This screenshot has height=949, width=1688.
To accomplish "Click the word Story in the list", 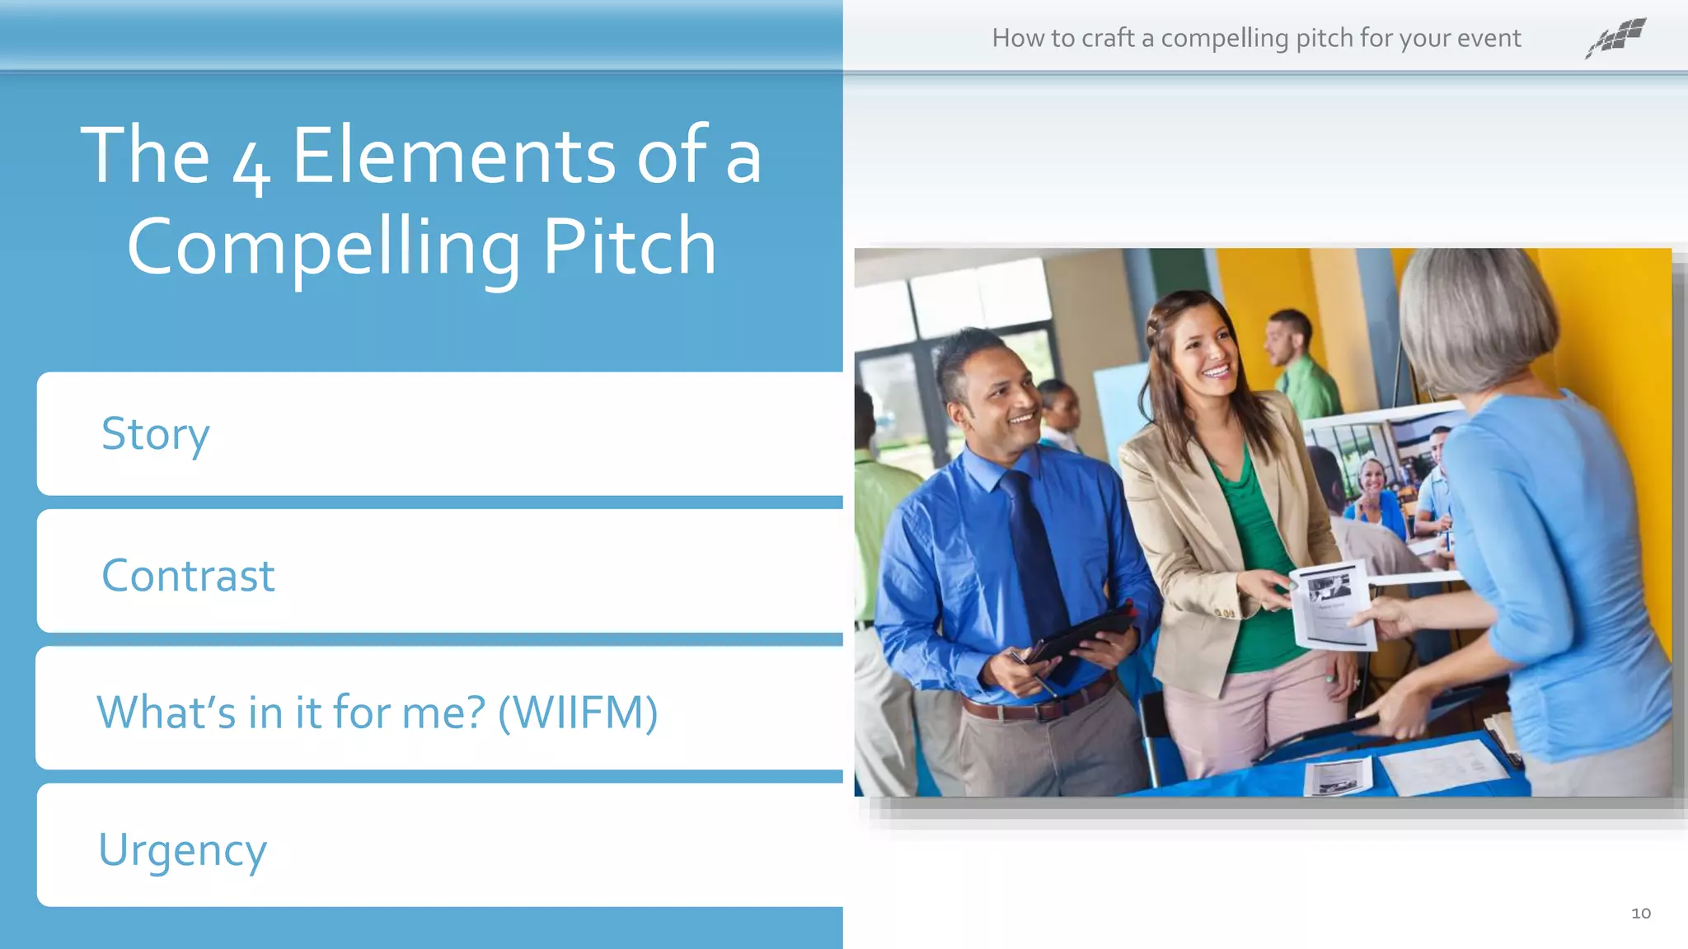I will [155, 433].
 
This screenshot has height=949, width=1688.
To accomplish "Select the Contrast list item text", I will [188, 575].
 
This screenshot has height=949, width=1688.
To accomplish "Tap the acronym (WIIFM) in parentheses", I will [578, 713].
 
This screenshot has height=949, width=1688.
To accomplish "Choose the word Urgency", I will [182, 850].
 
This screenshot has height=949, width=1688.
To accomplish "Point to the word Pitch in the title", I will [629, 245].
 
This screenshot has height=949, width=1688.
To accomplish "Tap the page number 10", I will [1640, 913].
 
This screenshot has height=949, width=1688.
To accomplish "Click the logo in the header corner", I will [1615, 38].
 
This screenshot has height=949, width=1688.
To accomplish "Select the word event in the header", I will [1489, 38].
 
